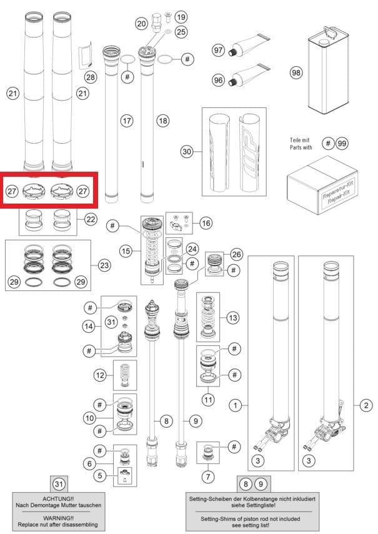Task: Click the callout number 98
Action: point(296,72)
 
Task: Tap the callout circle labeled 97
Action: point(218,50)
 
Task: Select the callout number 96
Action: point(218,81)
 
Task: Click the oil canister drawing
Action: point(328,70)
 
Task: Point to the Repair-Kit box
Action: point(322,185)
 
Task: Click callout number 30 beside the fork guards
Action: point(187,151)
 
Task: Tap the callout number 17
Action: point(127,121)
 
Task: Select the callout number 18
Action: point(163,121)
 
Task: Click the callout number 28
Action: point(91,77)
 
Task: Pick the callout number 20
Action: point(142,24)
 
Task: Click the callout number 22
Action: point(91,219)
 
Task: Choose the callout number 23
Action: point(104,265)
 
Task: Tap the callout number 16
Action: point(206,223)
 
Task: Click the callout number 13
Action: point(233,318)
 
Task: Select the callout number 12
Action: point(100,375)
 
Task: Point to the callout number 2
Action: point(366,405)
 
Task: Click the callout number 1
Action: point(236,405)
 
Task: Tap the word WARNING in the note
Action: point(58,518)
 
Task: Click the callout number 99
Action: point(342,144)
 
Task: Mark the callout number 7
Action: point(208,477)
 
